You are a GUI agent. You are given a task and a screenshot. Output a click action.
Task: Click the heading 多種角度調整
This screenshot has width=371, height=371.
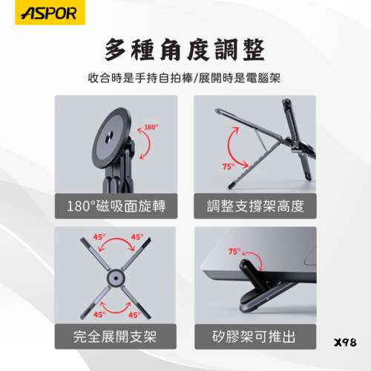pyautogui.click(x=185, y=50)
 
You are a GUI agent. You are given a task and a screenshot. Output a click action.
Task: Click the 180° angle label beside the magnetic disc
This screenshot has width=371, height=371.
pyautogui.click(x=151, y=128)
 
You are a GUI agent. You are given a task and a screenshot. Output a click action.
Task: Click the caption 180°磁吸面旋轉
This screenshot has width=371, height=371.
pyautogui.click(x=116, y=206)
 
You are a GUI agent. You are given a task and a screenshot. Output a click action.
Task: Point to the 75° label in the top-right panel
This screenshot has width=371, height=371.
pyautogui.click(x=229, y=166)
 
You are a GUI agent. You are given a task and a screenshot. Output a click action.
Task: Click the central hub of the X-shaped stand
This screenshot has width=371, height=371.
pyautogui.click(x=116, y=279)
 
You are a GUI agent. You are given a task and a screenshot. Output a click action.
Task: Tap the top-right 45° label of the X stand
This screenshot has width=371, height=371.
pyautogui.click(x=137, y=238)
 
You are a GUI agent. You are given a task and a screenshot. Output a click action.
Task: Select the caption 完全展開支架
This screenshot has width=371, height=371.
pyautogui.click(x=116, y=337)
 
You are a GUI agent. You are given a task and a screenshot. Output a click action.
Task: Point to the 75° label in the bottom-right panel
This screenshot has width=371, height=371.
pyautogui.click(x=235, y=252)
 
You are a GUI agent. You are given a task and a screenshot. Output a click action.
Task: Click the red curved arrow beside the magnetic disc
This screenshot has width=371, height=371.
pyautogui.click(x=149, y=141)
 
